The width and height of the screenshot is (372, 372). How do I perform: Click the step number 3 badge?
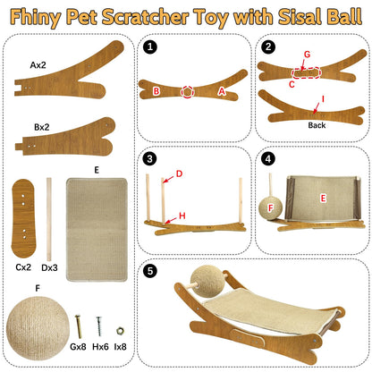tap(150, 159)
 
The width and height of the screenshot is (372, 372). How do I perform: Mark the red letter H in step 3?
tap(182, 215)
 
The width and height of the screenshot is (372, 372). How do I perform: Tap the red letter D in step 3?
tap(179, 173)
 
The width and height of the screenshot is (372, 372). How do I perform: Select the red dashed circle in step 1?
tap(188, 89)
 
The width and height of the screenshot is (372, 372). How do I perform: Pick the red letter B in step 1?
tap(156, 90)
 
